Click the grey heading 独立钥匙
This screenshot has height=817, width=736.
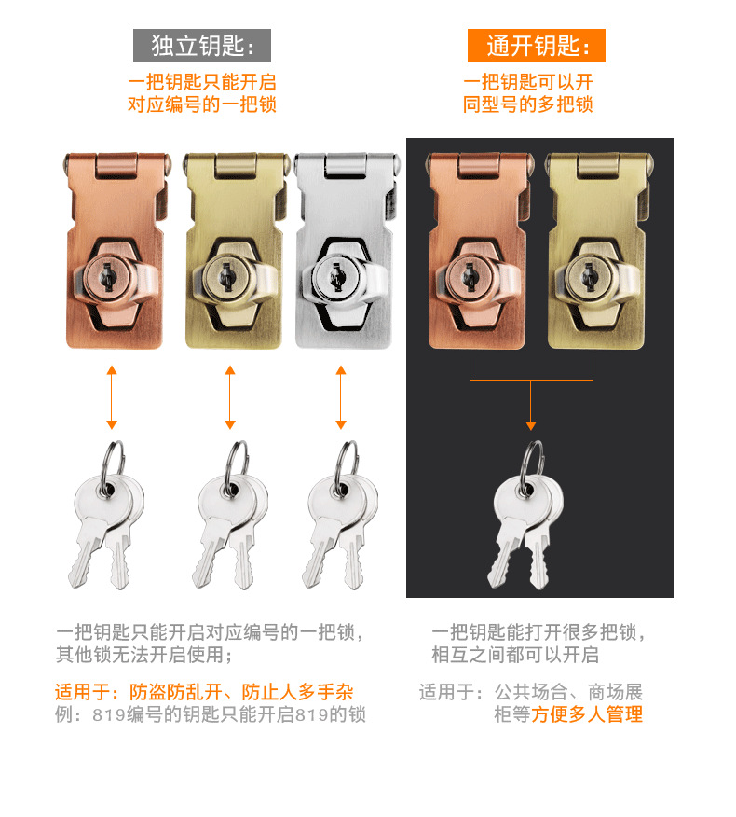click(202, 46)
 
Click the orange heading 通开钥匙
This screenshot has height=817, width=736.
click(536, 46)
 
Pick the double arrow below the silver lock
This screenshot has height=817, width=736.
click(340, 396)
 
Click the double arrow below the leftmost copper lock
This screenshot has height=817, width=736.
click(112, 396)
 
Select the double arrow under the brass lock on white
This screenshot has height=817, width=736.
click(230, 396)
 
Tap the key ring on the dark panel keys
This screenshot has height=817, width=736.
click(532, 458)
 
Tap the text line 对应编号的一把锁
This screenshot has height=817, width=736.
click(202, 104)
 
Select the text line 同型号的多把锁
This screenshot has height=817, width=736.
click(528, 104)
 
